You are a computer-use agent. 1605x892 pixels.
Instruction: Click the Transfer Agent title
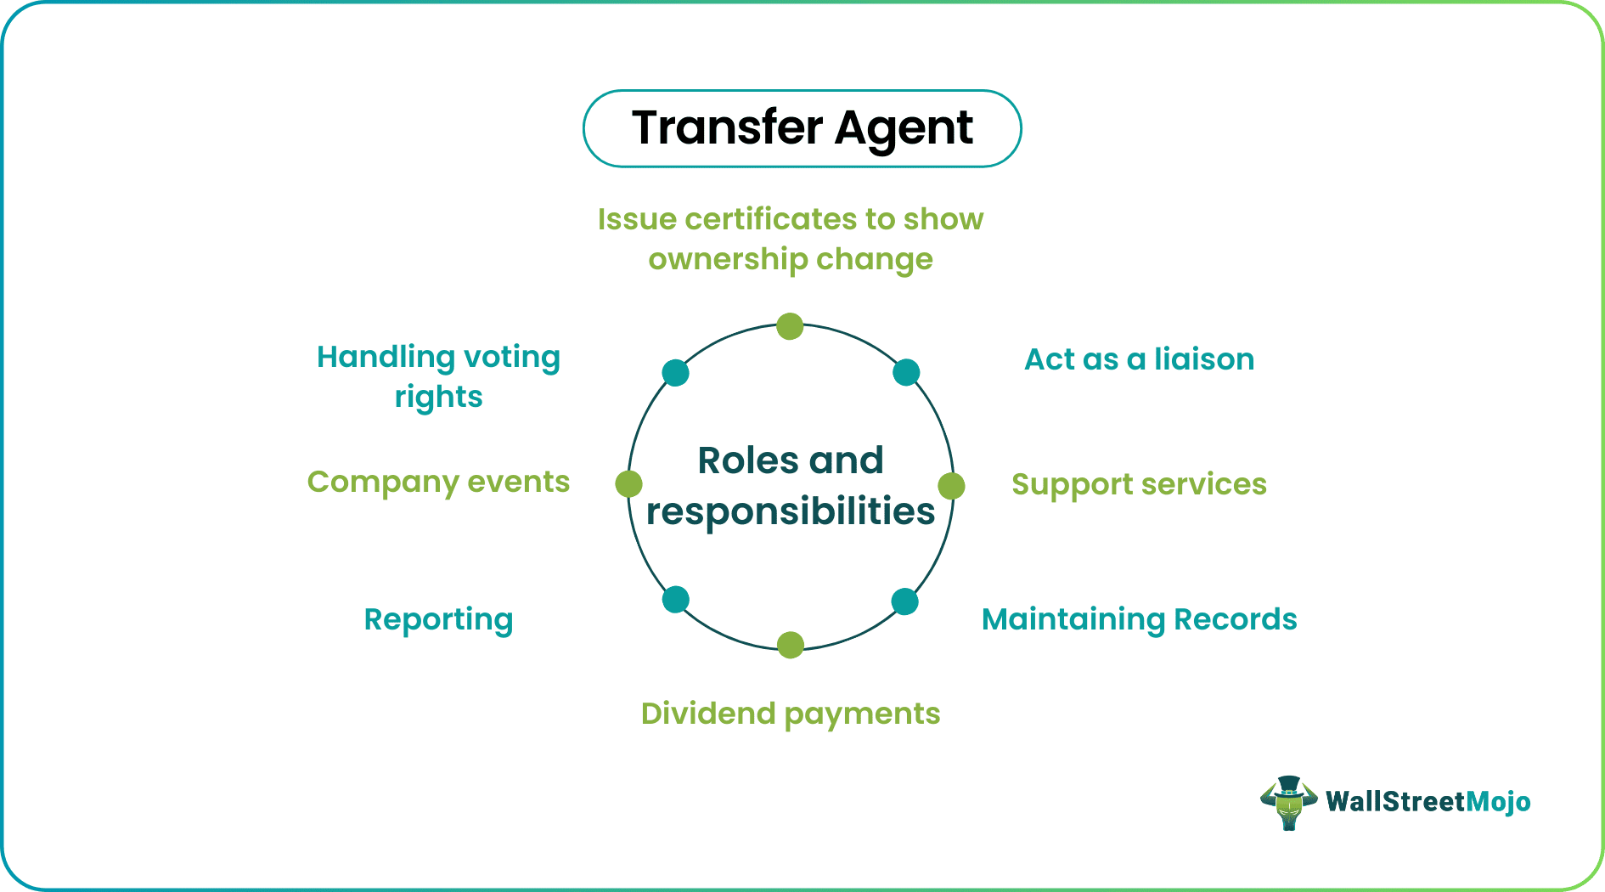802,128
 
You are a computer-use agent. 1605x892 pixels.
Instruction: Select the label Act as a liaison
1139,359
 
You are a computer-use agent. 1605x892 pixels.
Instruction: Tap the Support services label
1139,484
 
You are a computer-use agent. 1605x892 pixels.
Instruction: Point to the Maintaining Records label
1139,619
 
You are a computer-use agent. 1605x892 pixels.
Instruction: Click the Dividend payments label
790,714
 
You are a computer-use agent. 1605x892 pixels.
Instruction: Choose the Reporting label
438,619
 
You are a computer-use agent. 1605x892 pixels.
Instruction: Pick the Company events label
438,482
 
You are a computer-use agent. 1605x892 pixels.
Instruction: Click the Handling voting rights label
438,376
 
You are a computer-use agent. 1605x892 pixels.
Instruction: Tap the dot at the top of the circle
790,326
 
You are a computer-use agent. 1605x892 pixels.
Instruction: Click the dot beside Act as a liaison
906,372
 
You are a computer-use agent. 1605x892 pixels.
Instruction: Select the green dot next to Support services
951,486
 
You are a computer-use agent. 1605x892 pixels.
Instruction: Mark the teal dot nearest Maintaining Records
904,601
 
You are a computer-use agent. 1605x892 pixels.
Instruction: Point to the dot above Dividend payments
790,645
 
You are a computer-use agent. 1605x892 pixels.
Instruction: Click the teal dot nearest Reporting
675,600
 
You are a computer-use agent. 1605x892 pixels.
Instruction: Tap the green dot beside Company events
628,483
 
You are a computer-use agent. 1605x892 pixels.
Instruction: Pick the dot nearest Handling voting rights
675,372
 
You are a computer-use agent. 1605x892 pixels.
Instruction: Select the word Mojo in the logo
1499,802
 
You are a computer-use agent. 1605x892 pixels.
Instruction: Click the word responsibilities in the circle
790,511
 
